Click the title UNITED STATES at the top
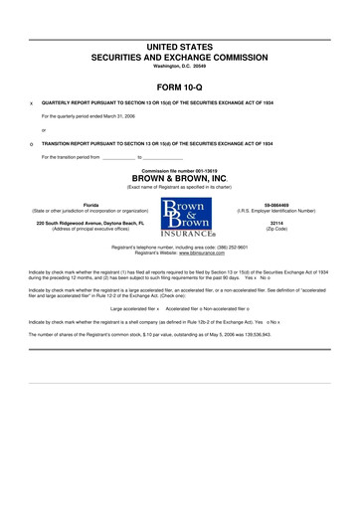180,48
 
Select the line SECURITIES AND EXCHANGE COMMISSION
180,58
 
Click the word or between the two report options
44,129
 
